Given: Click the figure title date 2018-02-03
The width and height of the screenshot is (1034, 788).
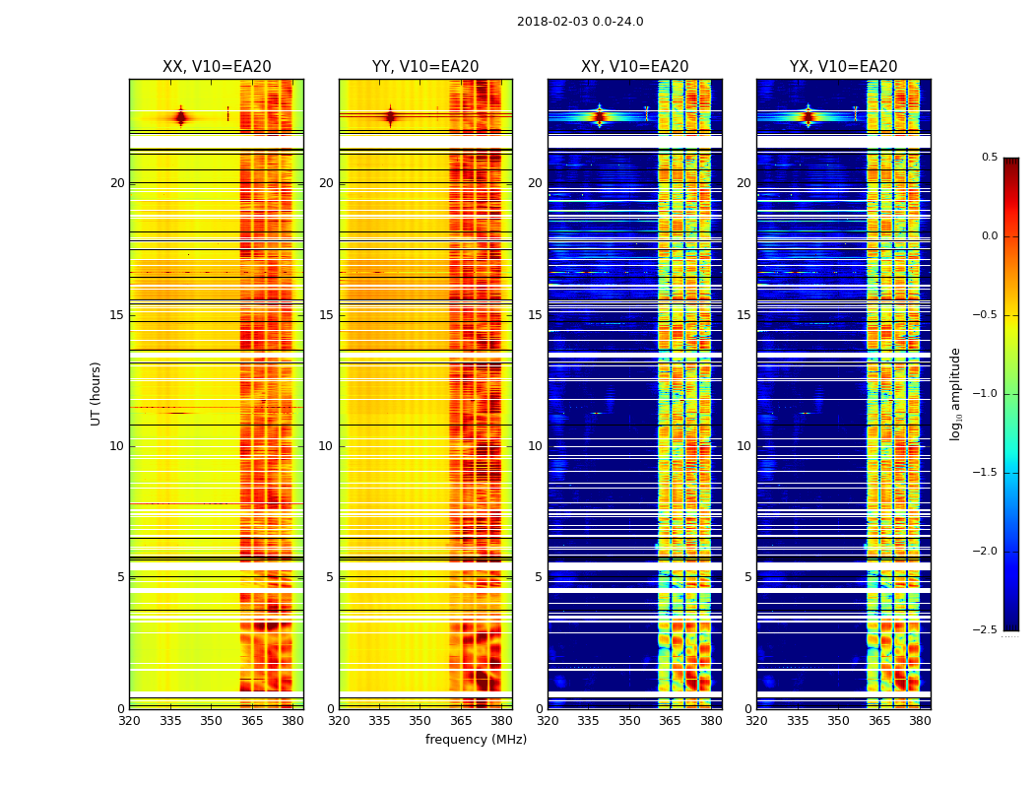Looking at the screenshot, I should (580, 22).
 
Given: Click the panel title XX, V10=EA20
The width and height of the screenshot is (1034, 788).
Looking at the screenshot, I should (217, 67).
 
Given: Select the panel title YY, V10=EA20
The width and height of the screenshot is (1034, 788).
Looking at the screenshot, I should (425, 67).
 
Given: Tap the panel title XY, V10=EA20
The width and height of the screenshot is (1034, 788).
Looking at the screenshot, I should (635, 67).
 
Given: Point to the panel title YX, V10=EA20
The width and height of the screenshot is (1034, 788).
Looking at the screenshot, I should (844, 67).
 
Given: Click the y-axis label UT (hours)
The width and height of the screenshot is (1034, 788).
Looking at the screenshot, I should (97, 393).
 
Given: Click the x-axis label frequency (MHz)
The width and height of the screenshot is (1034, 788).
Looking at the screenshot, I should (476, 740).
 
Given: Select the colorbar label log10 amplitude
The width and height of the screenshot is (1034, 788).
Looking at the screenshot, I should (955, 393).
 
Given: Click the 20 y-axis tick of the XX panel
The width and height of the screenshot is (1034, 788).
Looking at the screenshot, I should (117, 183).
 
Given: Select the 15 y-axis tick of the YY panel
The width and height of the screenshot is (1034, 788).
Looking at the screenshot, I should (326, 315).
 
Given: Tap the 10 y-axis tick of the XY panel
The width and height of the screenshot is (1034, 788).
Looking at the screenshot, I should (535, 446).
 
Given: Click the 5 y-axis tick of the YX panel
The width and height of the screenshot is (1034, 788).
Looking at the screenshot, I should (747, 577).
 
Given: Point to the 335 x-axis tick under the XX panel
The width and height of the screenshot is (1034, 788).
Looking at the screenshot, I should (170, 720).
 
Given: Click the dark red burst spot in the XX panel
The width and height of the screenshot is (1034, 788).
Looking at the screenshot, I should (180, 118).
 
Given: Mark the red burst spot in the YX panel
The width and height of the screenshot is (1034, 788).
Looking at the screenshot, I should (808, 116).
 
